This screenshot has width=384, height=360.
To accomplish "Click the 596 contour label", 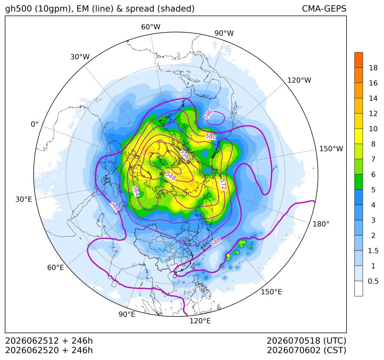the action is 208,115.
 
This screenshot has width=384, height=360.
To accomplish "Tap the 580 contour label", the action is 211,136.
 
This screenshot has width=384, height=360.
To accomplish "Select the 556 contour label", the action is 185,154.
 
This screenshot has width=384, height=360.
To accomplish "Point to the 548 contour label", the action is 171,176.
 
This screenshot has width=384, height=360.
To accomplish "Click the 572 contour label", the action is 223,184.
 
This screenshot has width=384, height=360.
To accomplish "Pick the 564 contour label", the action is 136,191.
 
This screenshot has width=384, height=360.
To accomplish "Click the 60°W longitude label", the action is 150,27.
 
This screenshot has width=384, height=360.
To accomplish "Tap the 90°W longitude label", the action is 224,33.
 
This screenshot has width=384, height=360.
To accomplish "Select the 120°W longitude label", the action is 299,80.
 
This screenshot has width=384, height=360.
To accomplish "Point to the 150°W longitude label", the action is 331,148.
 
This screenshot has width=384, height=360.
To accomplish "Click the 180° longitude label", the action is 321,224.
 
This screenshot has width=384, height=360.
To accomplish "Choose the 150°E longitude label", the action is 271,292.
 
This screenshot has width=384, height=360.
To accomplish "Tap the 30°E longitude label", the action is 24,199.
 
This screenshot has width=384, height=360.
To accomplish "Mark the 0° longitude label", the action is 34,124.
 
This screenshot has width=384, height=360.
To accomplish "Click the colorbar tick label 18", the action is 373,68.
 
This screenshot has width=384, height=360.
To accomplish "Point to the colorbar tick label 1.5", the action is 373,251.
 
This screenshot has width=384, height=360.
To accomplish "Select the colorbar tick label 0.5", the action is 373,281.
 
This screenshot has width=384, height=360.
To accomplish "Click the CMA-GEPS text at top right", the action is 324,8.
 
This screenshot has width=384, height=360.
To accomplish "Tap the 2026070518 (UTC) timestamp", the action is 306,341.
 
